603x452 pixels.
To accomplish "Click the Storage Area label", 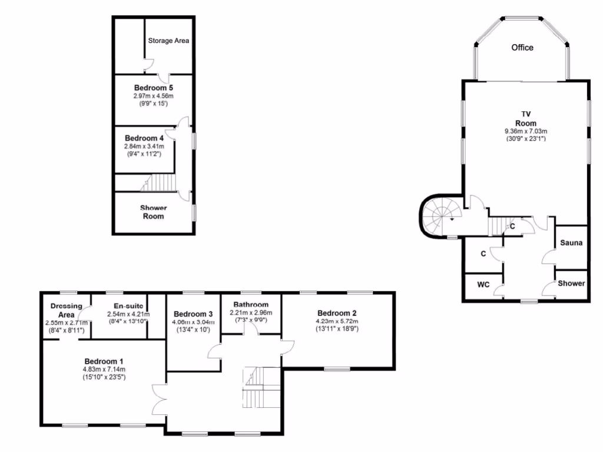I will pyautogui.click(x=168, y=41).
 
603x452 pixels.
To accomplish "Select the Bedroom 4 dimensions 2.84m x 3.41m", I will pyautogui.click(x=144, y=147).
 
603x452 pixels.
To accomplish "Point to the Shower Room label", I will pyautogui.click(x=153, y=212).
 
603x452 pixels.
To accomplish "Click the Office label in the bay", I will pyautogui.click(x=522, y=47).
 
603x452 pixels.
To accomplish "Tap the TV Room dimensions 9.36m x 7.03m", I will pyautogui.click(x=526, y=131).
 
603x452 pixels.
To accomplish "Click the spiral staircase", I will pyautogui.click(x=440, y=216).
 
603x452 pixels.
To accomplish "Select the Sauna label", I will pyautogui.click(x=571, y=243).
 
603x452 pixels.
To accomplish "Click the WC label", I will pyautogui.click(x=483, y=284).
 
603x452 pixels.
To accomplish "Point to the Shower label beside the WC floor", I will pyautogui.click(x=571, y=283).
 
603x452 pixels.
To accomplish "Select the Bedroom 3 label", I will pyautogui.click(x=193, y=314).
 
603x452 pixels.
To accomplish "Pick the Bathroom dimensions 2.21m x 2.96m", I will pyautogui.click(x=247, y=313).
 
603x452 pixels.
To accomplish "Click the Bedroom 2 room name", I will pyautogui.click(x=337, y=313).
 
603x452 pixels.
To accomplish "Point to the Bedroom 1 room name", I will pyautogui.click(x=104, y=361).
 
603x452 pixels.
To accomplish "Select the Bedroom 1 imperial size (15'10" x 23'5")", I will pyautogui.click(x=103, y=377).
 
